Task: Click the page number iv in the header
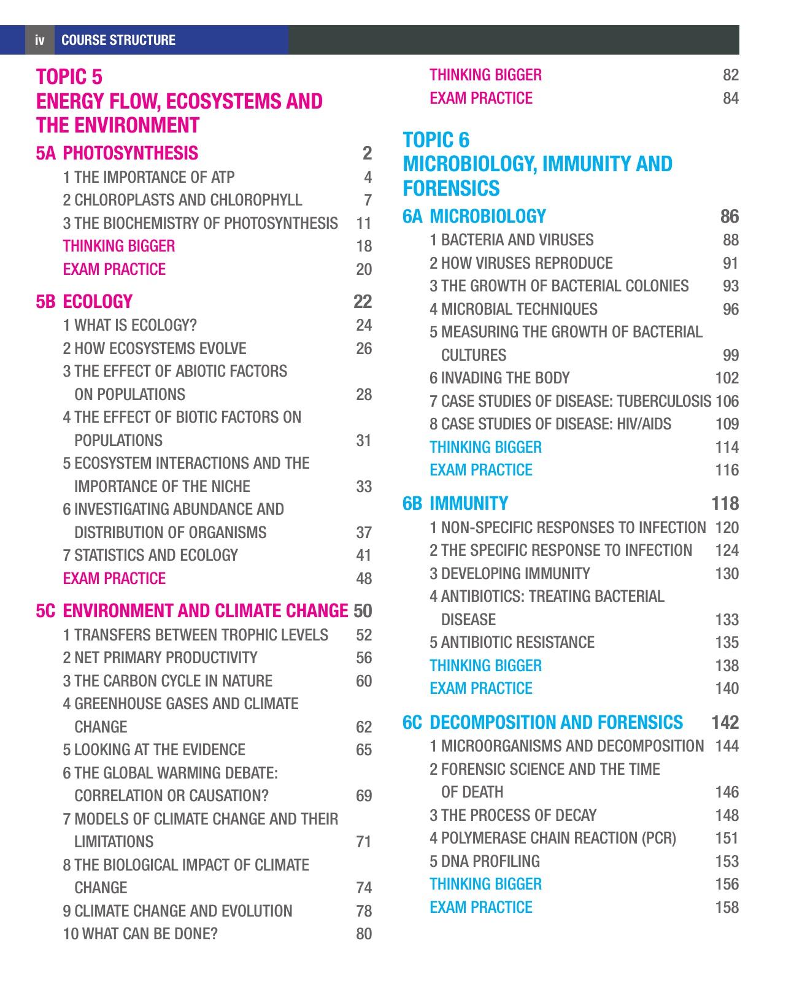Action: click(x=40, y=40)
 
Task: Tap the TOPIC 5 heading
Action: click(x=69, y=77)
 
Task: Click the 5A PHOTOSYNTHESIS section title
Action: click(x=117, y=153)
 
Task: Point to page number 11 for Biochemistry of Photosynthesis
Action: click(x=364, y=223)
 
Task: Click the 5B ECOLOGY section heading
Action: click(x=85, y=301)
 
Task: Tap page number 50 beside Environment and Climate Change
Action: click(x=363, y=610)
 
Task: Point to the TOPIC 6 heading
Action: click(x=436, y=140)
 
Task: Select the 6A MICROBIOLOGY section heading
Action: click(x=474, y=216)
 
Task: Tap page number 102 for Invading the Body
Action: click(x=727, y=378)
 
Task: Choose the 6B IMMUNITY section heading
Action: click(x=456, y=503)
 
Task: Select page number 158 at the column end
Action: click(x=727, y=907)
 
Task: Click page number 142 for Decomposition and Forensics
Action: click(x=725, y=722)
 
